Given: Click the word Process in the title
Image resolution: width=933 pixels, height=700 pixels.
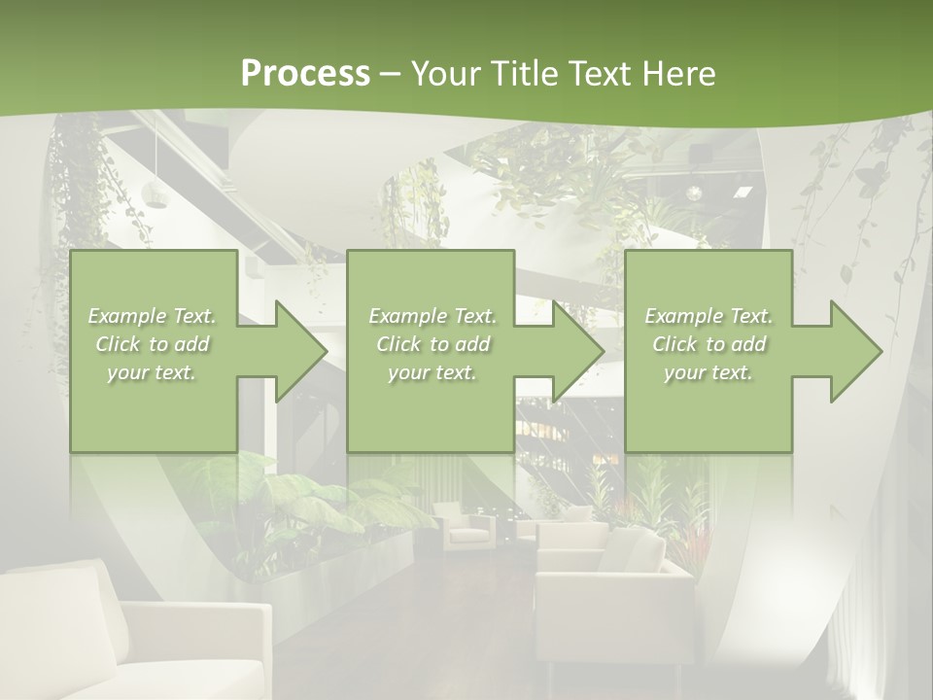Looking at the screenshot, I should click(x=305, y=74).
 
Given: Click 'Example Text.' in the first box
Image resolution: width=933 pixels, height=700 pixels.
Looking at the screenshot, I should click(x=153, y=316).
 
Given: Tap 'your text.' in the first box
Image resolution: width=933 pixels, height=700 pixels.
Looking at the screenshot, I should click(x=153, y=372).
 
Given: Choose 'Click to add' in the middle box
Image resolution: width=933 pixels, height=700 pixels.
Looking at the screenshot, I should click(x=432, y=344).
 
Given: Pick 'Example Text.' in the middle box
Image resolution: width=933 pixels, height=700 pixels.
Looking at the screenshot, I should click(x=432, y=316).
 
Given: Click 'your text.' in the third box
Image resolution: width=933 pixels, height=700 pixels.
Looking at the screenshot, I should click(x=708, y=372).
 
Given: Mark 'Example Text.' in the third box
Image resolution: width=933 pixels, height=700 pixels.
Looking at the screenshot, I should click(x=708, y=316).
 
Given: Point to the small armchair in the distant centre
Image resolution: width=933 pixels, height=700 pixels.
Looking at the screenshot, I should click(x=468, y=525).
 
